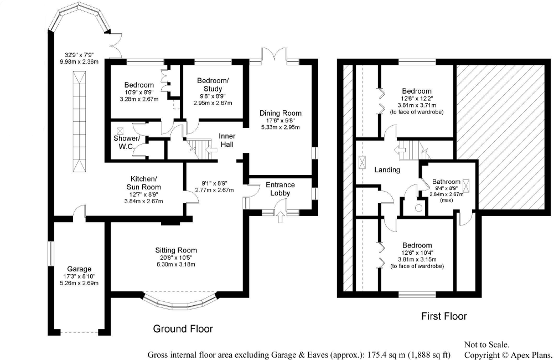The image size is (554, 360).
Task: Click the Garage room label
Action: point(79,269)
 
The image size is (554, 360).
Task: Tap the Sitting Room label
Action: point(176,250)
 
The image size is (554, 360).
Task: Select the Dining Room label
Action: point(281,113)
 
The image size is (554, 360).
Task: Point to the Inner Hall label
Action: point(227,140)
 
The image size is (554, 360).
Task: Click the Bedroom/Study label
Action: point(209,85)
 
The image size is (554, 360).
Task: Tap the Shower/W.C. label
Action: point(127,142)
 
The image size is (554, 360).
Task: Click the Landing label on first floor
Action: point(387,169)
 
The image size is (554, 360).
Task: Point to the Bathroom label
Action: point(446,182)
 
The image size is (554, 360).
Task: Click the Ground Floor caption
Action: point(183,329)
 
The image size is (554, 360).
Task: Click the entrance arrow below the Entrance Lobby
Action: point(279,215)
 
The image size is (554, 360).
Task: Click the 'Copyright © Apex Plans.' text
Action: point(508,354)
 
